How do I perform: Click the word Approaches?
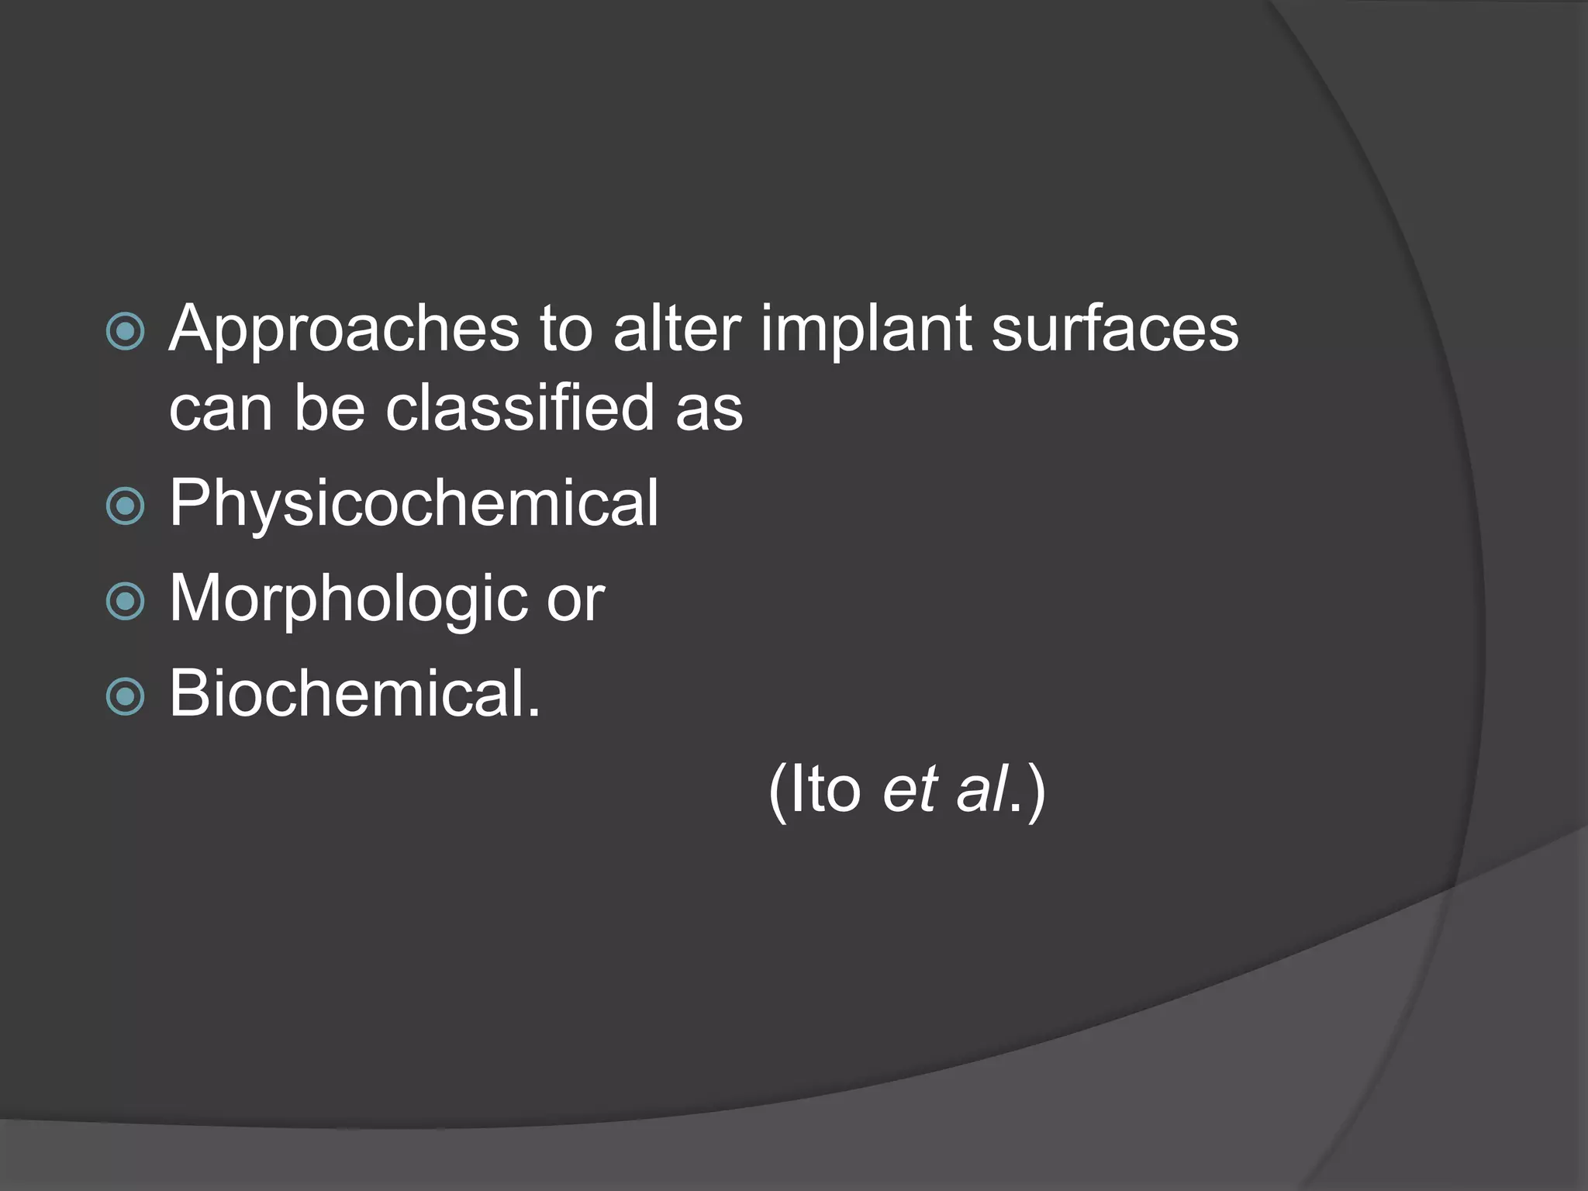tap(343, 330)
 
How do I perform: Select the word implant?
tap(865, 330)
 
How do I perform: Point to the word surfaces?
tap(1115, 329)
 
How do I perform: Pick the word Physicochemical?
tap(413, 504)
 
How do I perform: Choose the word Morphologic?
tap(347, 600)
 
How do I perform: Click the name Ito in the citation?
tap(823, 789)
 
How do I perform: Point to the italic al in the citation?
tap(982, 789)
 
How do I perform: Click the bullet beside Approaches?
tap(125, 332)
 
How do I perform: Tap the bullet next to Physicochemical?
tap(125, 506)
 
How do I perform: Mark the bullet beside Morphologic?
tap(125, 602)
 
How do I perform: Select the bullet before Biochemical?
tap(125, 696)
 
